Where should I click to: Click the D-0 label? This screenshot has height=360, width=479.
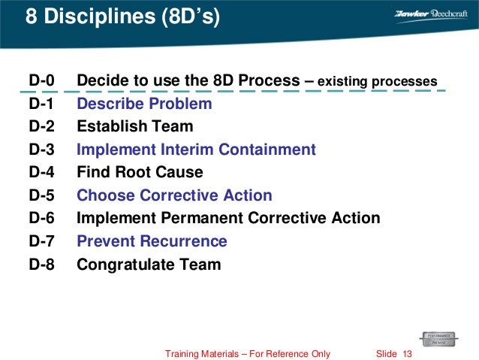[x=42, y=80]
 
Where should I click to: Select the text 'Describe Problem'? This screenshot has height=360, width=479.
[x=144, y=104]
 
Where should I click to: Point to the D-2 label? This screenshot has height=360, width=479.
[x=42, y=126]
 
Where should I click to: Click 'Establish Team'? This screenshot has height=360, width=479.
[x=135, y=126]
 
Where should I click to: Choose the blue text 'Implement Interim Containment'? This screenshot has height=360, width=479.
[x=196, y=150]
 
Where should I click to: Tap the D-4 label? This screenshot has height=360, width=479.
[x=42, y=172]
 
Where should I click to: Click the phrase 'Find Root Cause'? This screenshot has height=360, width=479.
[x=140, y=172]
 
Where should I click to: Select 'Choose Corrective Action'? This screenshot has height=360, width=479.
[x=174, y=195]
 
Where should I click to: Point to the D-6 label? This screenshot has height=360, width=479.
[x=42, y=218]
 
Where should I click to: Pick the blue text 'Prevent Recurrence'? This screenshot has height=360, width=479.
[x=152, y=241]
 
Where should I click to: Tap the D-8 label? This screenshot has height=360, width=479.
[x=42, y=264]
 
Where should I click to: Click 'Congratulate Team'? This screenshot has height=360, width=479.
[x=149, y=264]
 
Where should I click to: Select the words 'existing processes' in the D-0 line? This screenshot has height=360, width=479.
[x=378, y=81]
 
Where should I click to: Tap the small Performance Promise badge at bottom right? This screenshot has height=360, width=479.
[x=441, y=337]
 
